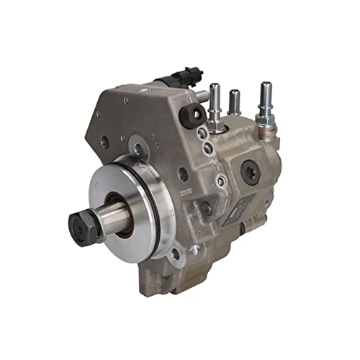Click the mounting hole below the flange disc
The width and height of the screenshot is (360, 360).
175,253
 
